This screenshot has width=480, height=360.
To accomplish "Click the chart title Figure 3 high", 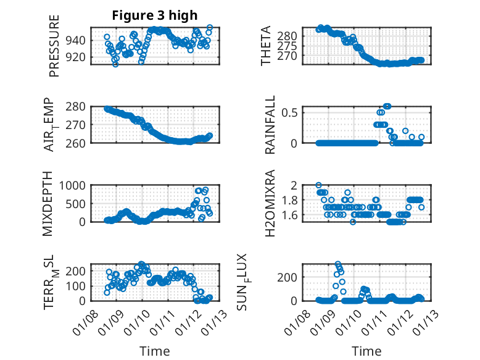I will point(155,15).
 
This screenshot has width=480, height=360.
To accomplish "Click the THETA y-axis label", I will point(266,46).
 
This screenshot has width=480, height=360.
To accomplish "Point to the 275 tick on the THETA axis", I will point(289,45).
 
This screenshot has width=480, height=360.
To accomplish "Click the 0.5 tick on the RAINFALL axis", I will point(292,112).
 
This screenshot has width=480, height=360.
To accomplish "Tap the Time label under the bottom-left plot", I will point(154,351).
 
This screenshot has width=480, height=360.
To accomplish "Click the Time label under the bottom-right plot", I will point(366,351).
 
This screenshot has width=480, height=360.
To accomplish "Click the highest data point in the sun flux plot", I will point(337,264).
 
